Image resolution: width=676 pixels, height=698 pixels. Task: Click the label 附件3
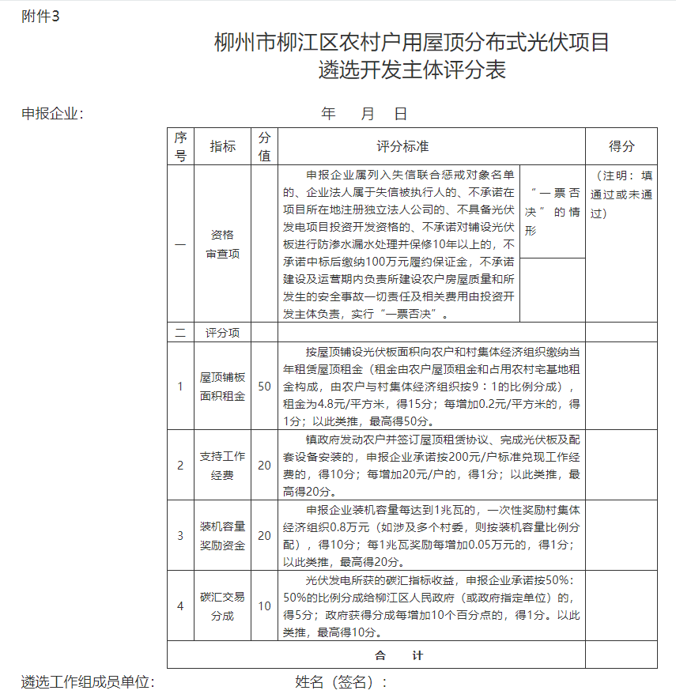point(40,17)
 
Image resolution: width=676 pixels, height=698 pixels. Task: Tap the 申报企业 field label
point(52,114)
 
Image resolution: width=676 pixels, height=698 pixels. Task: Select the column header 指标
point(222,146)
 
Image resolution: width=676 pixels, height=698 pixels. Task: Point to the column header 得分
point(621,146)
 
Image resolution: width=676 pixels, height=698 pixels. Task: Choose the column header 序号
point(180,146)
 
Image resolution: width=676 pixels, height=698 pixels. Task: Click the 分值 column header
point(264,146)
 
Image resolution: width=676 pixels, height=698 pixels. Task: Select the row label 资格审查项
point(222,244)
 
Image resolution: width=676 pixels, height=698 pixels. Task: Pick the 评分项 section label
point(222,333)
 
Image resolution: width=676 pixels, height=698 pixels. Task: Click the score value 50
point(264,387)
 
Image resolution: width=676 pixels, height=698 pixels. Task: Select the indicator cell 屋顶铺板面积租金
point(222,387)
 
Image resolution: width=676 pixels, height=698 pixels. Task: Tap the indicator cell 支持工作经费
point(222,466)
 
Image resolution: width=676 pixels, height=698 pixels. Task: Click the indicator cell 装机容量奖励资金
point(222,535)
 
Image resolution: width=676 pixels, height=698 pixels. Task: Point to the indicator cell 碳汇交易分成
point(222,606)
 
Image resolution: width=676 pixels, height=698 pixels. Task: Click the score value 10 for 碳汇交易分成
point(264,606)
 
